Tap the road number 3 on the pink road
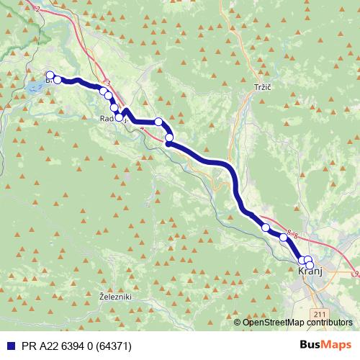[x=107, y=83]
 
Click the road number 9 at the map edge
[x=356, y=274]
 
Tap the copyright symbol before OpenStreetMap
[x=238, y=323]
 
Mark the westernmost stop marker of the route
[x=50, y=75]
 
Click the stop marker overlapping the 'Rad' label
[x=119, y=117]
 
